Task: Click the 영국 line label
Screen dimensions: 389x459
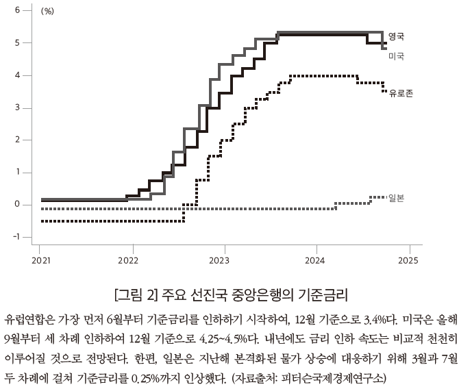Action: click(x=396, y=36)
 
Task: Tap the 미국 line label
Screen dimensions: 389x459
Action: click(x=396, y=56)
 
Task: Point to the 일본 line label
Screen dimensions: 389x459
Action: click(x=395, y=198)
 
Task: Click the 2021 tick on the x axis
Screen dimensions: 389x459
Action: click(x=40, y=261)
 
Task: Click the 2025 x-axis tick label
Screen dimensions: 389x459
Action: click(x=409, y=261)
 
